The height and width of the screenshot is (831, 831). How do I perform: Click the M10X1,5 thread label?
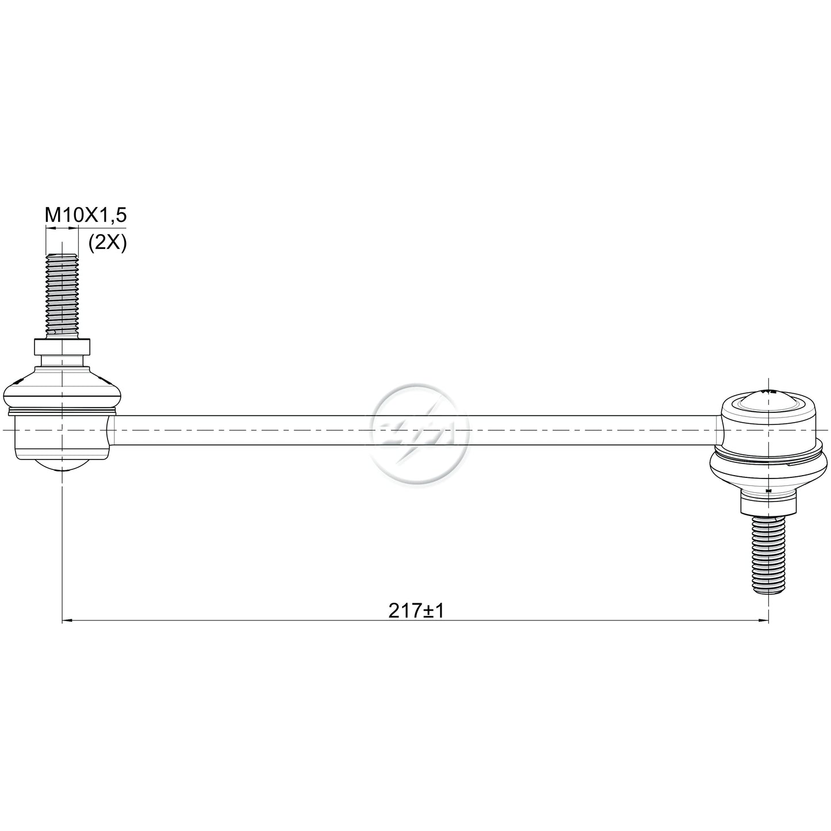pos(86,215)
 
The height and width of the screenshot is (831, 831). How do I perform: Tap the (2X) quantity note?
pos(108,244)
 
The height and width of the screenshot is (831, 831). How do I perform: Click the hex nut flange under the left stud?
pos(63,347)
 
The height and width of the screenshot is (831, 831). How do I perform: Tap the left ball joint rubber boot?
pos(63,387)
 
